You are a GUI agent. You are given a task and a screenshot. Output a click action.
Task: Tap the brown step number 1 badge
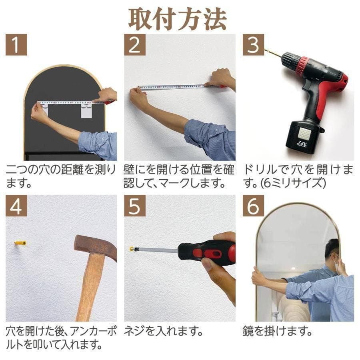coord(16,45)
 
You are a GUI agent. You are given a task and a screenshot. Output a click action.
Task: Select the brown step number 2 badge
coord(135,45)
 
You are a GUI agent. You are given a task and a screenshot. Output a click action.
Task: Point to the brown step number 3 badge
coord(253,45)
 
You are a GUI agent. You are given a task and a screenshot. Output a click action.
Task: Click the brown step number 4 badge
coord(16,206)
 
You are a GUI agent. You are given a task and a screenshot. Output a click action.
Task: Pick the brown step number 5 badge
coord(135,206)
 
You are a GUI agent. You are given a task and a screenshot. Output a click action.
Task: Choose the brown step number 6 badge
coord(253,206)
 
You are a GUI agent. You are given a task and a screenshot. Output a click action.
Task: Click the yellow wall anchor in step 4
coord(20,243)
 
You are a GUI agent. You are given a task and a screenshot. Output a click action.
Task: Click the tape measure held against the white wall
coord(176,87)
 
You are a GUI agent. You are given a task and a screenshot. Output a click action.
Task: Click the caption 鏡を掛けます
coord(277,331)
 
